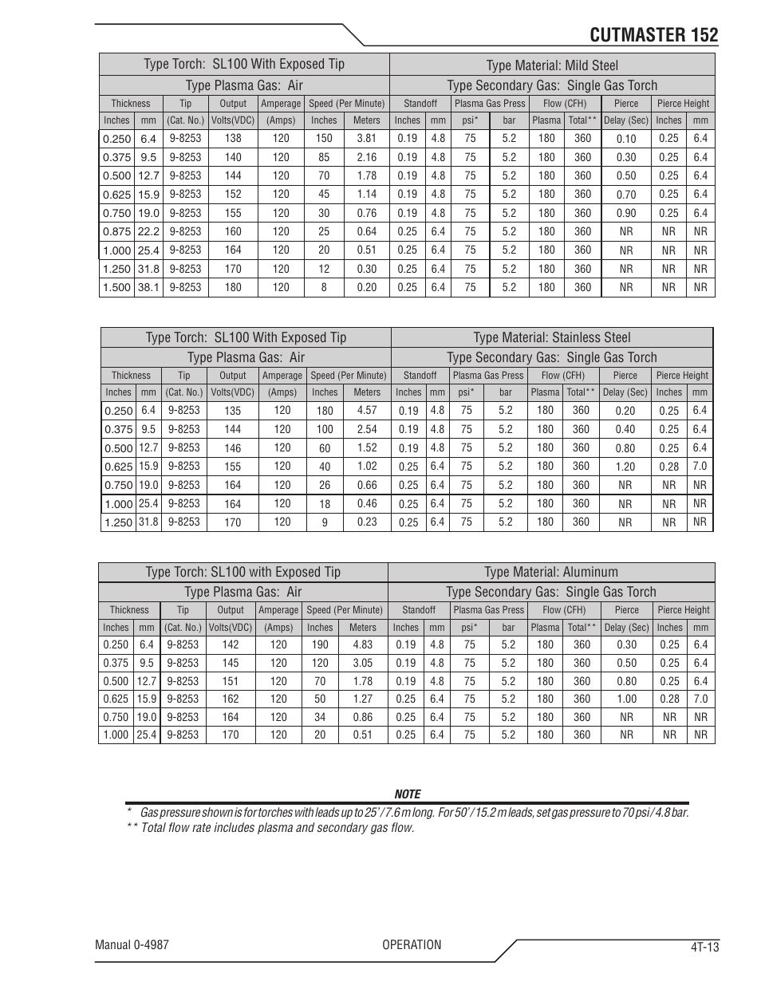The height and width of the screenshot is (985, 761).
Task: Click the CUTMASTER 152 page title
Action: (x=654, y=35)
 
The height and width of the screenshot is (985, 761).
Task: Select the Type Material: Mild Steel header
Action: (x=552, y=65)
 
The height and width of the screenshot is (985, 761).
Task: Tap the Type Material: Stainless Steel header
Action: (x=552, y=337)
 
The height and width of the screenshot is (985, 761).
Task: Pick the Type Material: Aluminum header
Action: (x=551, y=572)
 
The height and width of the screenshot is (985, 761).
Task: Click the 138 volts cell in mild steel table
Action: (x=233, y=138)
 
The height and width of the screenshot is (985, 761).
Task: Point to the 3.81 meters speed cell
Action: (x=367, y=138)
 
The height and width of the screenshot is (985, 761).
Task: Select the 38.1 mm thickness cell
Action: (x=148, y=287)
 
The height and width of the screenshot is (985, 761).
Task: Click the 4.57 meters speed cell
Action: (x=367, y=410)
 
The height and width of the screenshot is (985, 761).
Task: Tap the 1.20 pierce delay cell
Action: (x=625, y=467)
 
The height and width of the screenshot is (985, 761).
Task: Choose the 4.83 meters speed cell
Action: (x=363, y=644)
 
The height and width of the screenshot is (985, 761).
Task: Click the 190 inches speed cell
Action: (x=320, y=644)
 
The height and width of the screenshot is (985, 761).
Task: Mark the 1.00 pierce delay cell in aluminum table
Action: (x=627, y=699)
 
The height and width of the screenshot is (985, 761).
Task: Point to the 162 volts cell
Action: (x=231, y=699)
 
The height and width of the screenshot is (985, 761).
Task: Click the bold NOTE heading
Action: (x=407, y=794)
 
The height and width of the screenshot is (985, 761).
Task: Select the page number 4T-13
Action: (x=705, y=948)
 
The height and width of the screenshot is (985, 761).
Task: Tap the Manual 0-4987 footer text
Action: (x=132, y=945)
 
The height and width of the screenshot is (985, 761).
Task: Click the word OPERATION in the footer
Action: (x=411, y=945)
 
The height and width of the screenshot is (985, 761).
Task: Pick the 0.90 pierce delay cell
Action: (x=626, y=213)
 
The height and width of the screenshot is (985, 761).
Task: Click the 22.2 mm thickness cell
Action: (x=148, y=231)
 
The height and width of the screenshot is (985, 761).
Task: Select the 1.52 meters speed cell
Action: (x=367, y=447)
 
